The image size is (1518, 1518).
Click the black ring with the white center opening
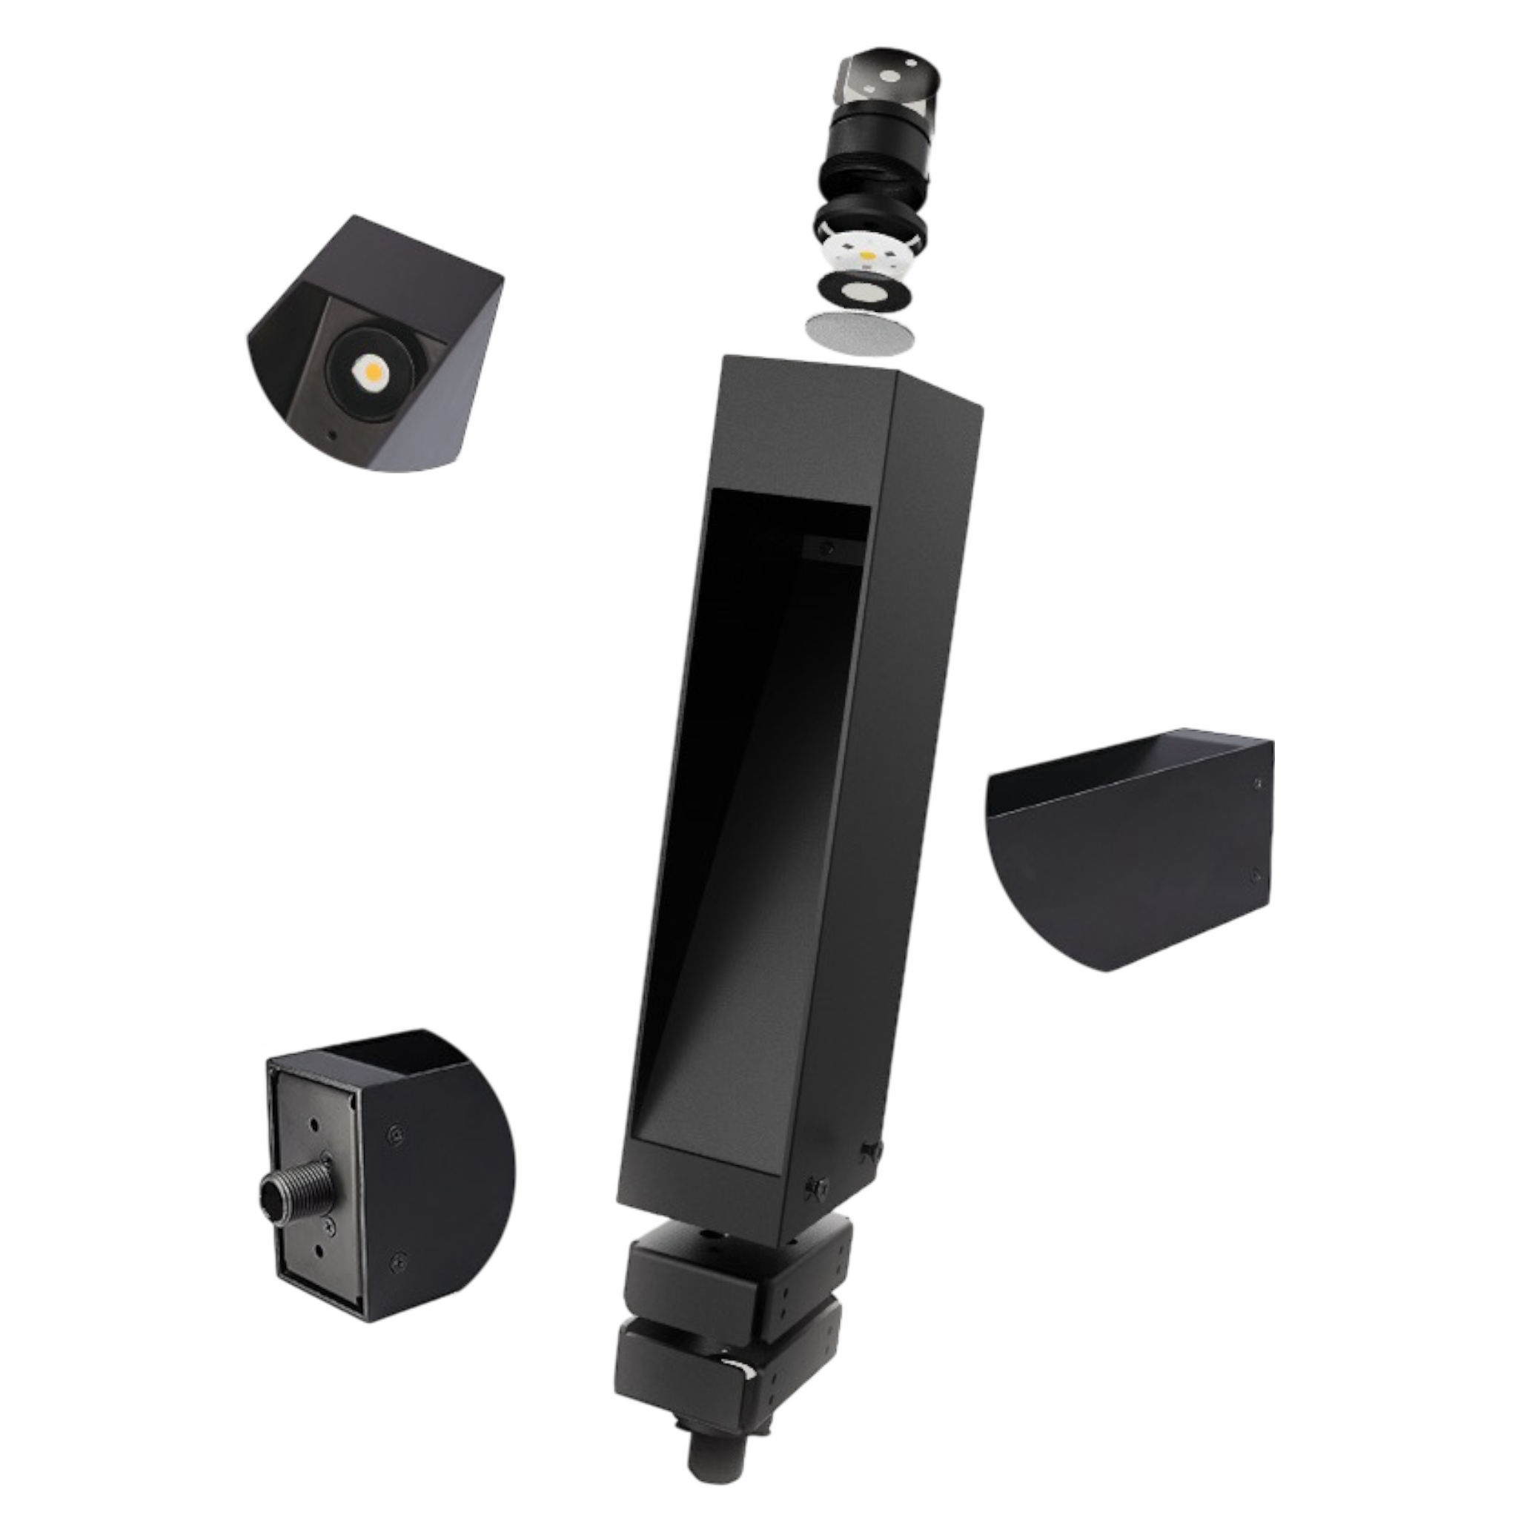click(864, 292)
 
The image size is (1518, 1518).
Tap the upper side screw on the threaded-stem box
click(395, 1133)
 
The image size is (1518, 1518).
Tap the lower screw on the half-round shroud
click(1254, 873)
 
